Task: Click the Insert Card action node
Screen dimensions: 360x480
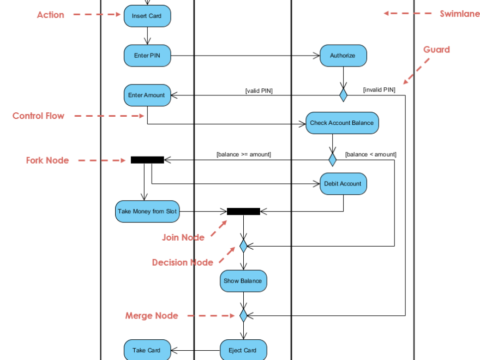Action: (x=147, y=16)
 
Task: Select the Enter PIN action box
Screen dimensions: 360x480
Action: (x=147, y=56)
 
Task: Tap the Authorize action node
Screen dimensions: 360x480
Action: (x=343, y=56)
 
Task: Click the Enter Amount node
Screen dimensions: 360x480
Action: (x=147, y=95)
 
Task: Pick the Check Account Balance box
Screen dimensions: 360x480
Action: (x=342, y=123)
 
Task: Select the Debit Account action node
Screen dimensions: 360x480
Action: (x=343, y=184)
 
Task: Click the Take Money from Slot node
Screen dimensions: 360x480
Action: (x=147, y=212)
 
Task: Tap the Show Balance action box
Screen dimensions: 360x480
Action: (x=243, y=281)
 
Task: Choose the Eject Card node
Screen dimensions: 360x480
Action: (x=243, y=350)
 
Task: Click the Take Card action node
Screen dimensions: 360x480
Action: (x=147, y=350)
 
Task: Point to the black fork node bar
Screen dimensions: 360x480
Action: (x=147, y=160)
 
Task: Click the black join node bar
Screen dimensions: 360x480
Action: (x=243, y=212)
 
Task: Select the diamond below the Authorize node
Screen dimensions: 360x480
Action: (x=343, y=95)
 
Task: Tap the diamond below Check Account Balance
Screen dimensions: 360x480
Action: (x=332, y=160)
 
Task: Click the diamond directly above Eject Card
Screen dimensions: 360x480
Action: (x=243, y=315)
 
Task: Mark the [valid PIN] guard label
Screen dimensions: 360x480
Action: (x=259, y=91)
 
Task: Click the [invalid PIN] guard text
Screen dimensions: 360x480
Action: (x=379, y=89)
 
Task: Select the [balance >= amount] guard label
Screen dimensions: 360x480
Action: (x=243, y=154)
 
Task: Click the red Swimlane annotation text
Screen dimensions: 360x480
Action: (x=460, y=14)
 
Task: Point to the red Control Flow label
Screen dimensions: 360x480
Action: (x=38, y=116)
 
